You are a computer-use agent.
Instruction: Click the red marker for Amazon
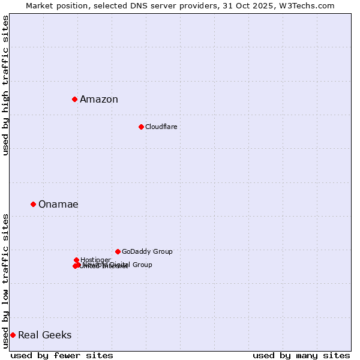click(74, 99)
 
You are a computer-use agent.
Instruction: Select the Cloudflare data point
click(141, 127)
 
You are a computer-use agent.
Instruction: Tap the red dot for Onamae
click(33, 204)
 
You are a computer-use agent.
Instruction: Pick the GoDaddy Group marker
click(118, 251)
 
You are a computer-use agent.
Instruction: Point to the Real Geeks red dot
click(13, 335)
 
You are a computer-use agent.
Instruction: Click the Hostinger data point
click(76, 260)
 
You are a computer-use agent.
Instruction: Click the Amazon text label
click(99, 100)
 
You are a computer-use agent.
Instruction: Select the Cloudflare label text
click(161, 127)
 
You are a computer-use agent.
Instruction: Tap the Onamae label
click(58, 205)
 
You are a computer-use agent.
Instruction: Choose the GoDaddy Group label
click(147, 251)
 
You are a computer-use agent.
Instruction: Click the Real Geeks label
click(44, 335)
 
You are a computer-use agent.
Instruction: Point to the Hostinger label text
click(95, 260)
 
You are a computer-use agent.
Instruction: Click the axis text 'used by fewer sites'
click(62, 355)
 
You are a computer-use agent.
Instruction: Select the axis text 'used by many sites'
click(301, 355)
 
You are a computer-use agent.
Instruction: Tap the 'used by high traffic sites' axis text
click(5, 85)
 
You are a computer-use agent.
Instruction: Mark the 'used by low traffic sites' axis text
click(5, 281)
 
